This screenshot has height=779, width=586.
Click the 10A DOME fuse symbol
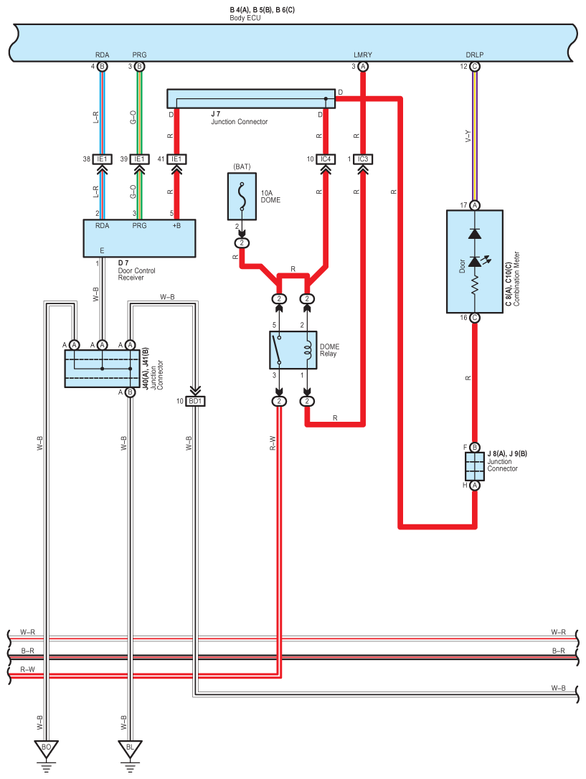pos(242,197)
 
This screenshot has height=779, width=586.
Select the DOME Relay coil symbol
pos(308,350)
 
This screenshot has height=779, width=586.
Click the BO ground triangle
pos(46,749)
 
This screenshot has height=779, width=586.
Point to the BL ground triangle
pos(130,749)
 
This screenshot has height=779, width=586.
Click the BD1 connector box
pos(195,401)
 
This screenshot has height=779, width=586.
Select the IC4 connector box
pos(326,159)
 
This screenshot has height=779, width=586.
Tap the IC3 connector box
pos(363,159)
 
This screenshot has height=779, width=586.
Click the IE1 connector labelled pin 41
pos(176,159)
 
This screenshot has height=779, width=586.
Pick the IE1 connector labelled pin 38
pos(102,159)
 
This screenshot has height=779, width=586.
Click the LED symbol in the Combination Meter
pos(476,261)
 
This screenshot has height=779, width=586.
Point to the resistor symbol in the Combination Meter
pos(475,285)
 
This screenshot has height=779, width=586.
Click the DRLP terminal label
pos(475,55)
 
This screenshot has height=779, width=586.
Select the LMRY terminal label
pos(363,55)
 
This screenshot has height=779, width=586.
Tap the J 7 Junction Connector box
pos(251,99)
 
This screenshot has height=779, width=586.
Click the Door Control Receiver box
pos(140,238)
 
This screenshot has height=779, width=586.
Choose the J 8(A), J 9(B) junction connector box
pos(475,466)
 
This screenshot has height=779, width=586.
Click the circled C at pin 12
pos(475,67)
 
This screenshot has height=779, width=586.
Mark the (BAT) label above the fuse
pos(242,166)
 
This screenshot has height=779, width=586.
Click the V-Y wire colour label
pos(468,136)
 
